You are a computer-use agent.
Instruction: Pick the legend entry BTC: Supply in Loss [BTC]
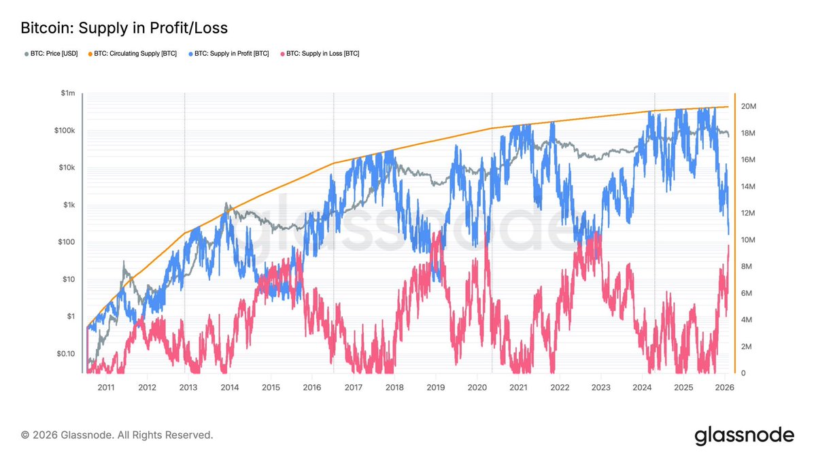[x=322, y=53]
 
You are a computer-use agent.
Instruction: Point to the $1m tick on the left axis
[x=67, y=93]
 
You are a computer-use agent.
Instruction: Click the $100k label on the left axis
[x=64, y=131]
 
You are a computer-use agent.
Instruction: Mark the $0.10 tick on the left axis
[x=65, y=354]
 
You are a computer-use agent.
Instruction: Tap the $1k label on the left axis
[x=69, y=205]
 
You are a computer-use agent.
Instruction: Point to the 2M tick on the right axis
[x=746, y=347]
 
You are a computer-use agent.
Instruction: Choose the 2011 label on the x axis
[x=105, y=388]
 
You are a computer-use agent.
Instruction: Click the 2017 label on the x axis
[x=353, y=388]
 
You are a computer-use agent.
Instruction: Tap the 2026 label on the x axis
[x=724, y=388]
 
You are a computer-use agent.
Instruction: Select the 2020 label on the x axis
[x=477, y=388]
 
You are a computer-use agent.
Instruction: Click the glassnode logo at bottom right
[x=744, y=435]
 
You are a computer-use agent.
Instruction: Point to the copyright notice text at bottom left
[x=117, y=435]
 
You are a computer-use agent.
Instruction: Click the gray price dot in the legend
[x=27, y=53]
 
